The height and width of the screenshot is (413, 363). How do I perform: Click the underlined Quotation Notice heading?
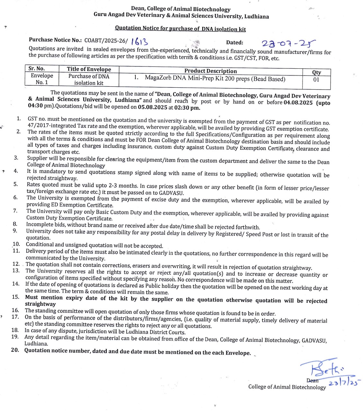click(x=180, y=29)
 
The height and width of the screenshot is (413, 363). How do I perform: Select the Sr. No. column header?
click(x=37, y=69)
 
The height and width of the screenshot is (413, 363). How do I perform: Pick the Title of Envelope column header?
click(x=89, y=69)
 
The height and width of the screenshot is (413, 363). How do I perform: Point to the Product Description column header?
click(x=211, y=71)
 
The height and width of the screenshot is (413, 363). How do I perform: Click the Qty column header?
click(x=316, y=73)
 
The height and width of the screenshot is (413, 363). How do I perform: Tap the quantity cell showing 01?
click(x=316, y=80)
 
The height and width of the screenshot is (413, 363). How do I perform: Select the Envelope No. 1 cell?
click(x=42, y=79)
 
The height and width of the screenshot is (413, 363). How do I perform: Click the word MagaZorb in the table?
click(x=157, y=78)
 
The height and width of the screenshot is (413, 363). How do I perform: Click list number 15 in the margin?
click(x=15, y=297)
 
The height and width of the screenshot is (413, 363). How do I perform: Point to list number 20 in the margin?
click(x=15, y=350)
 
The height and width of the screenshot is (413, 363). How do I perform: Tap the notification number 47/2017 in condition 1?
click(x=39, y=126)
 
